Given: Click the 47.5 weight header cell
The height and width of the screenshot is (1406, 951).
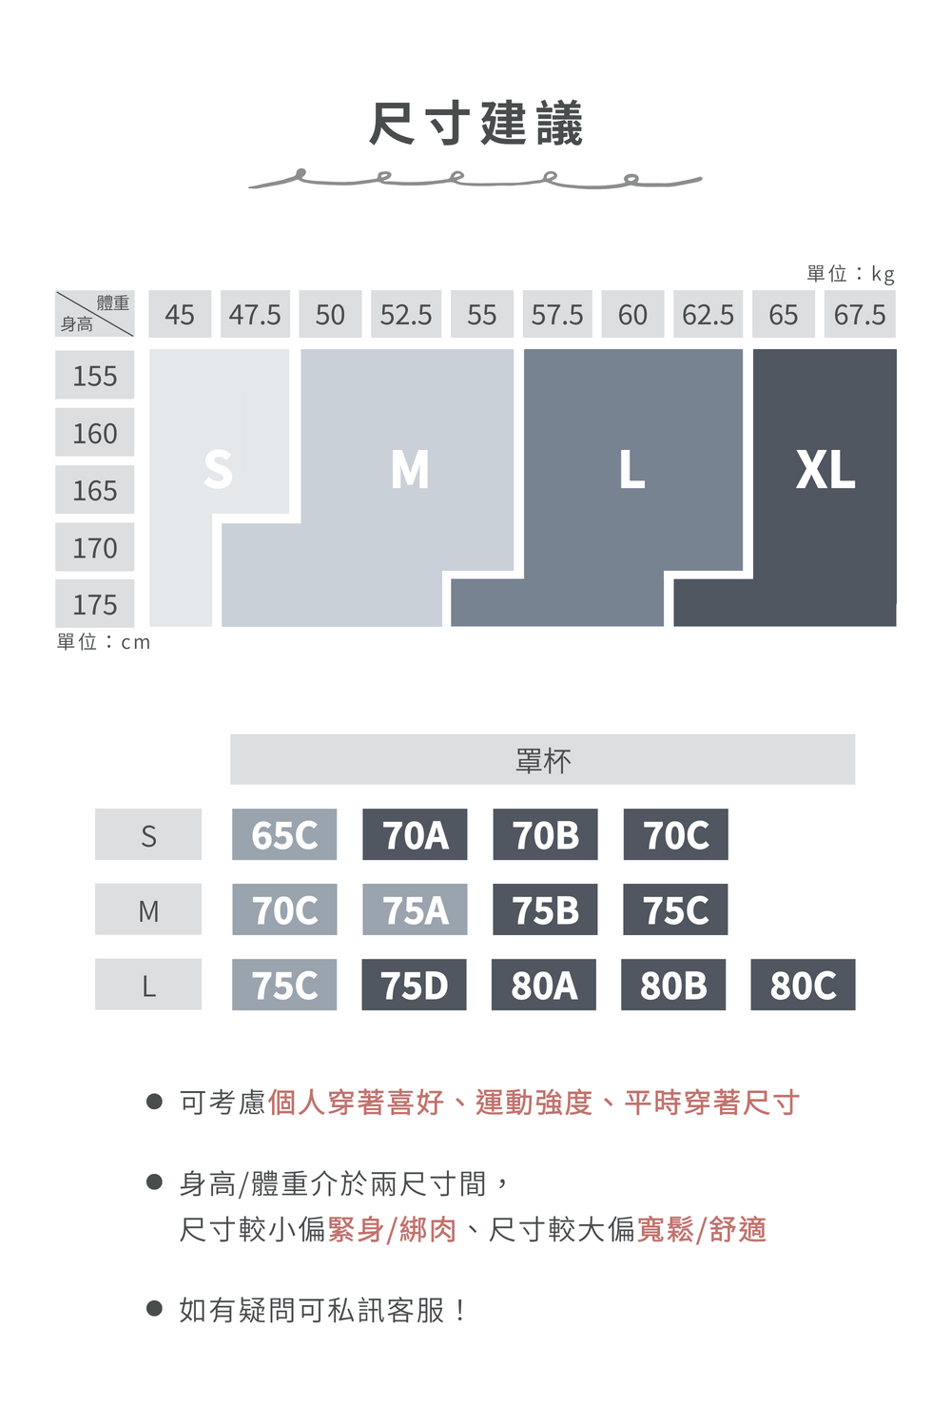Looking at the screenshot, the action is (255, 314).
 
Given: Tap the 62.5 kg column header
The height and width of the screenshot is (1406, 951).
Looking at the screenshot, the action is (708, 314).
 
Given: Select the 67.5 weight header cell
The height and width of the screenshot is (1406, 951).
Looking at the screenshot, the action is (860, 314).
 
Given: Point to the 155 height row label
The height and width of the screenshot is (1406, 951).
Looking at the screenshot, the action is (95, 375).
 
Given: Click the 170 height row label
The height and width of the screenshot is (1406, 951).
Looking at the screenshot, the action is (95, 547).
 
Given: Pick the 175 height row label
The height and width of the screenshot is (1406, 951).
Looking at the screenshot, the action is (95, 603).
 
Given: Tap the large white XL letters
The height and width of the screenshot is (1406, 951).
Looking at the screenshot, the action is (825, 470).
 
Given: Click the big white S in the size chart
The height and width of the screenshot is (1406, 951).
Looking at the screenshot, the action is (219, 469).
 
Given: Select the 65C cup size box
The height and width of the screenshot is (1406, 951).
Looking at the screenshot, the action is (284, 834).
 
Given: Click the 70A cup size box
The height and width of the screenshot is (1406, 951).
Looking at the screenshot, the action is (415, 834).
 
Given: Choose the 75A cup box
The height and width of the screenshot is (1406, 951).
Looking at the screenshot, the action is (415, 908).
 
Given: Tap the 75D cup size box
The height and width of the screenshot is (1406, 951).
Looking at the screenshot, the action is (414, 985).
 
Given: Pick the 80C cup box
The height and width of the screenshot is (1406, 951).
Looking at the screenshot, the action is (803, 985).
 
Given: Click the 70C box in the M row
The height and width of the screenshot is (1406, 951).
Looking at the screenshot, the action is (284, 908).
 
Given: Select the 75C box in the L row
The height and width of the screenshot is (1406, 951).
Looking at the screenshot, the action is (284, 985).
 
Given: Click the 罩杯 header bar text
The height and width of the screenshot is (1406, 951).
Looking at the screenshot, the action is (543, 760).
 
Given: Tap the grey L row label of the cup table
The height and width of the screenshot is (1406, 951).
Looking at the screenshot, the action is (148, 985).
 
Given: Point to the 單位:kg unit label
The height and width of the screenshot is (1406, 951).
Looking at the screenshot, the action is (850, 274).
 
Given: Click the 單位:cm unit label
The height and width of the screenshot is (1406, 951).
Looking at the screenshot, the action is (104, 641).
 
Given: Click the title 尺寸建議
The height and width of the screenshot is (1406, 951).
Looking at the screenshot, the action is (475, 123).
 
